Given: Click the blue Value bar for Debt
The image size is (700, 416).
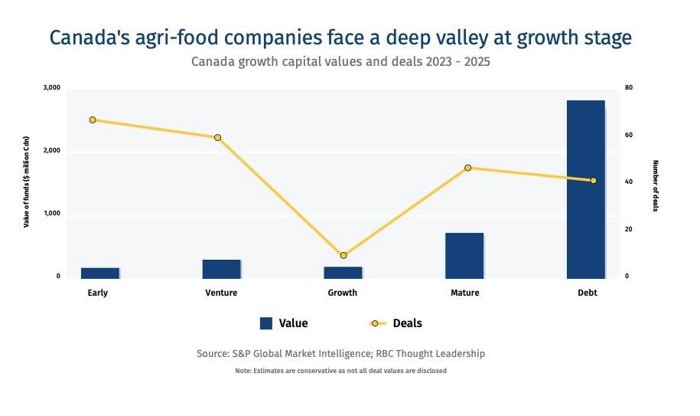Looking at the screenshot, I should pos(585,189).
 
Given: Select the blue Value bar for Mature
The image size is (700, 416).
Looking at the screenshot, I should pos(464,255).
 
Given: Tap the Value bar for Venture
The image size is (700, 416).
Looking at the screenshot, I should pos(221,269).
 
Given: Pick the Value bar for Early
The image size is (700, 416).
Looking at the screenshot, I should pos(99,273).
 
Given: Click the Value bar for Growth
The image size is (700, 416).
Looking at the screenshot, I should pos(343,272).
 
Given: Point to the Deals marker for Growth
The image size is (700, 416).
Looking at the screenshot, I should pos(343,255).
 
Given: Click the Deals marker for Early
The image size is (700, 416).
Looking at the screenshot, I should pos(93,120).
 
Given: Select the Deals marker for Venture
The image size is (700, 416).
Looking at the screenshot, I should pos(217,138).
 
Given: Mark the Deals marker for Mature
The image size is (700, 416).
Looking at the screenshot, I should pos(468,168).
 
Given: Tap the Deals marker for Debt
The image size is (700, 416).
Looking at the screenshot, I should pos(593,181).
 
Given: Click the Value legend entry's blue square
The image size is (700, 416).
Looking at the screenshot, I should pos(266,323).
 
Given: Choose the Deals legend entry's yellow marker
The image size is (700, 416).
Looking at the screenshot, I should pos(375,323).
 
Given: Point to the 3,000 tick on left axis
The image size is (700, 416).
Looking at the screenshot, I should pos(51,88).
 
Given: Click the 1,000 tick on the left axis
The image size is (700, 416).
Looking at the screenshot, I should pos(51,214).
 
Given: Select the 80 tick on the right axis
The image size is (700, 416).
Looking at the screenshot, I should pos(628,88).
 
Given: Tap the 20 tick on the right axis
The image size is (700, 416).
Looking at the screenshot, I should pos(628,229).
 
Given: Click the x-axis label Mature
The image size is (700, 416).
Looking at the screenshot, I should pos(464,293).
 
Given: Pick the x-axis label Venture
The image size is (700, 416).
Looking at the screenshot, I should pos(221,293).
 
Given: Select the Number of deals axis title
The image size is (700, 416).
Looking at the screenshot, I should pos(655,185).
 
